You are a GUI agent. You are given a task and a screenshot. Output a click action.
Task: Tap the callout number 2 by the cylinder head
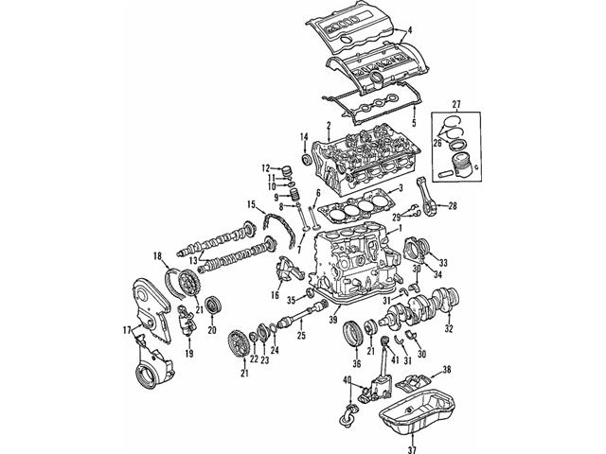[329, 126]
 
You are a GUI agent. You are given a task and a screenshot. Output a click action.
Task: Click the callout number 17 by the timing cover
[126, 329]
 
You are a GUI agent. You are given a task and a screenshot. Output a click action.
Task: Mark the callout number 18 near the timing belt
[159, 254]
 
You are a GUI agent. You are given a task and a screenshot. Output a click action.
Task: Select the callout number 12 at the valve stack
[266, 167]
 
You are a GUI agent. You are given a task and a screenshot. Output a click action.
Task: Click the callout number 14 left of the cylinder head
[305, 139]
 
